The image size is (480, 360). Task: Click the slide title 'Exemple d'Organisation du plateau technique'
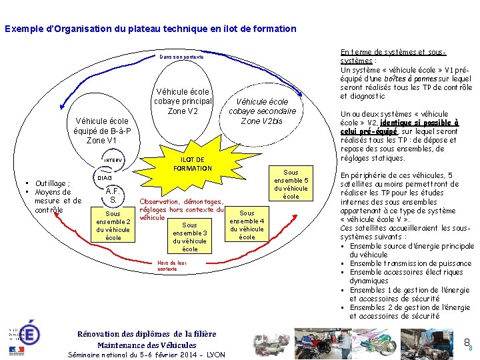150,29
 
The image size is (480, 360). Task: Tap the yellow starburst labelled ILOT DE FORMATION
193,164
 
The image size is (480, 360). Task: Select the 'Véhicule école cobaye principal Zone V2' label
183,101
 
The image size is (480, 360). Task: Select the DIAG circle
105,178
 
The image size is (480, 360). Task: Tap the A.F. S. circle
114,195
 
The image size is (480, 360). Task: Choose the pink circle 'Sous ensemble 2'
113,225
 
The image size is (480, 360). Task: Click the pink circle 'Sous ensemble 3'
190,237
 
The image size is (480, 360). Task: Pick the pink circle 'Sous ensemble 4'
247,225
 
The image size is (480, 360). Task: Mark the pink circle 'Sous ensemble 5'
291,184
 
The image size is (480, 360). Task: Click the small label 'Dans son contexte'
185,57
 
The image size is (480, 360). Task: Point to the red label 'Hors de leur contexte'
172,265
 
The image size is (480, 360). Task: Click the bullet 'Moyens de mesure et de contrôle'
57,201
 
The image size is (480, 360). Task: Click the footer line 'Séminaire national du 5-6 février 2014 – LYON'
147,355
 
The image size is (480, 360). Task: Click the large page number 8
467,343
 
